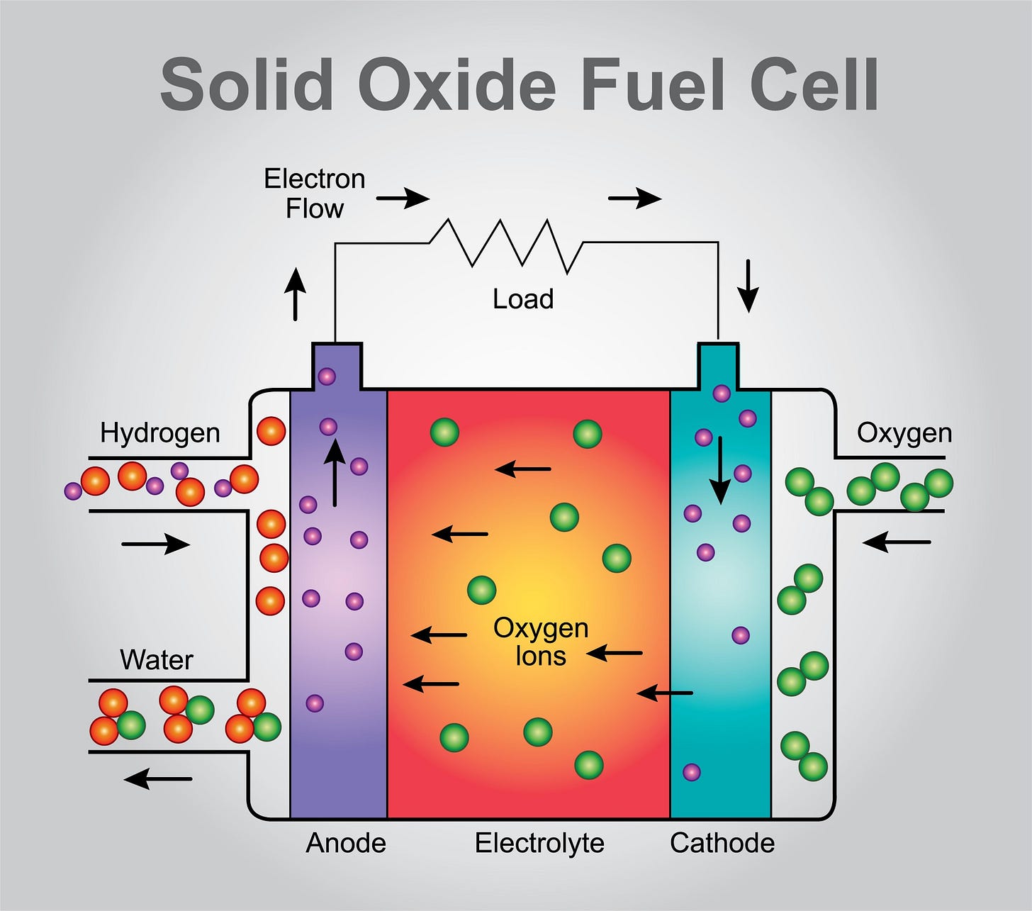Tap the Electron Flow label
point(314,194)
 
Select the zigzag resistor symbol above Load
point(507,245)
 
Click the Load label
point(523,298)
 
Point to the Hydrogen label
point(159,432)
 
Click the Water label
point(156,659)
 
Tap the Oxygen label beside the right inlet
point(904,432)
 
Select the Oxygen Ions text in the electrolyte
point(541,642)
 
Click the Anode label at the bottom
point(346,843)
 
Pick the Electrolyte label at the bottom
point(539,843)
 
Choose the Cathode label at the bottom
point(722,843)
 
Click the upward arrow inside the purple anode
point(335,471)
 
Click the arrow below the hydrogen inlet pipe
point(156,544)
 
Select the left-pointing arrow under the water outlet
point(157,778)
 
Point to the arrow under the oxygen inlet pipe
point(896,542)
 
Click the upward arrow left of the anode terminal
point(295,294)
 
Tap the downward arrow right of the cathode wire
point(748,286)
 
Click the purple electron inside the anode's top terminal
point(327,376)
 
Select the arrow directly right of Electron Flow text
point(403,198)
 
